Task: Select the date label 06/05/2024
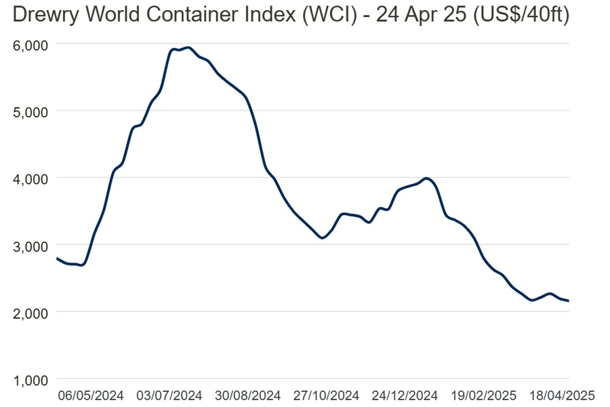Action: (x=91, y=395)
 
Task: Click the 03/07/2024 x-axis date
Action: (x=170, y=395)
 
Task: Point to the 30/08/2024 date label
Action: (x=248, y=395)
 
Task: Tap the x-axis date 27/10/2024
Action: (x=327, y=395)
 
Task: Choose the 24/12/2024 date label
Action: (x=405, y=395)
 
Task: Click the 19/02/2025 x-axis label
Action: (x=484, y=395)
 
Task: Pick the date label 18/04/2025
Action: (x=563, y=395)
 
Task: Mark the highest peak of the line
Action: (x=188, y=47)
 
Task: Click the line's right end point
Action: (x=568, y=301)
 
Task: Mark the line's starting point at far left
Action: (x=57, y=258)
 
